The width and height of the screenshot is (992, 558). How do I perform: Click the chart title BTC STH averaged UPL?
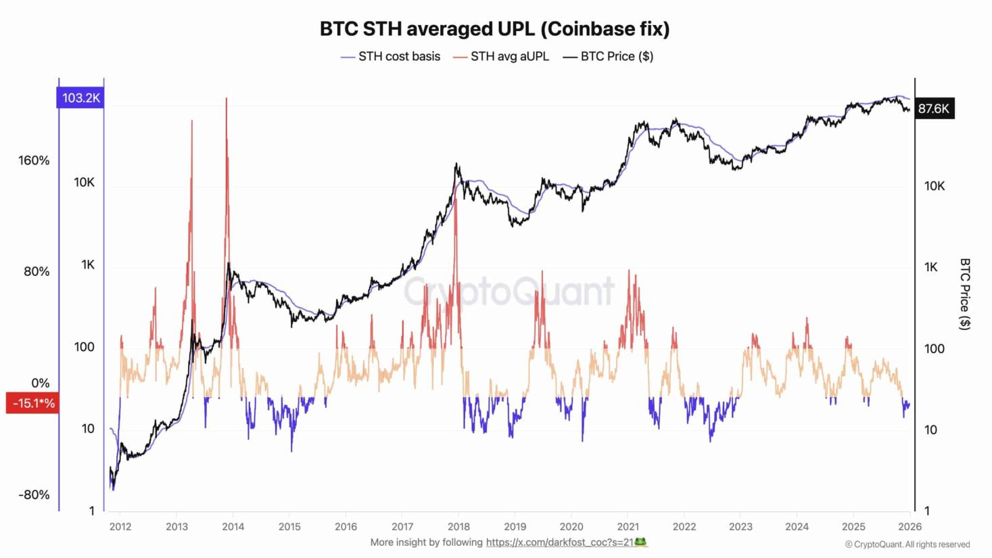494,28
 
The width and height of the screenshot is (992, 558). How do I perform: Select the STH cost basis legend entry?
398,57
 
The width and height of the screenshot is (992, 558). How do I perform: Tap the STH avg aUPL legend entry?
509,57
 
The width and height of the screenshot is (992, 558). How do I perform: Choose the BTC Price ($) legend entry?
616,57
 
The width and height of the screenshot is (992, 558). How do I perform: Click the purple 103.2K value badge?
80,98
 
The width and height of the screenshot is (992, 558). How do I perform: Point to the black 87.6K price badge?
934,108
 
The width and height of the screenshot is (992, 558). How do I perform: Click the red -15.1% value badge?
32,403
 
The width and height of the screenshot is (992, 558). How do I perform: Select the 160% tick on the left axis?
34,160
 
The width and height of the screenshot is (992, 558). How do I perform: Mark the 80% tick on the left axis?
37,271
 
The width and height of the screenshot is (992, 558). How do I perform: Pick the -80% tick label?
34,494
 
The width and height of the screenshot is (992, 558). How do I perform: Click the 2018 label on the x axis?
458,527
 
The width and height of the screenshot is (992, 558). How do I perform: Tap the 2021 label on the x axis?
628,527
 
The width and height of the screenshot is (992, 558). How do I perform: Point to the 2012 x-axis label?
120,527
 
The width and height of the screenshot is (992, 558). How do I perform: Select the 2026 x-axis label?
910,527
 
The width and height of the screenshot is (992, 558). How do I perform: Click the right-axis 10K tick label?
934,186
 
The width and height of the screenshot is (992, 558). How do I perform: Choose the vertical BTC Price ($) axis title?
965,294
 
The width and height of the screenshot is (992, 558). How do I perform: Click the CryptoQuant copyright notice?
907,544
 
